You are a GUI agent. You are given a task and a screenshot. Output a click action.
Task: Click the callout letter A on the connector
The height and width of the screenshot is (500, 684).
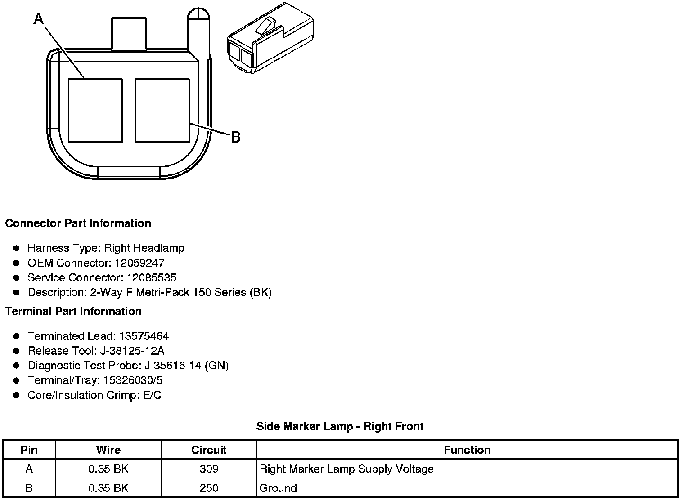point(39,19)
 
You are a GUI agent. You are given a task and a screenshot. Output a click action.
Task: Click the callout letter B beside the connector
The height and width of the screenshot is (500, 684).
point(236,137)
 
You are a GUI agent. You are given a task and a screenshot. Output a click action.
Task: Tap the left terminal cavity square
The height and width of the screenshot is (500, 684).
point(95,111)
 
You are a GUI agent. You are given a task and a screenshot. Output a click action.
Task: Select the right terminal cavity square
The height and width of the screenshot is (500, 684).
point(162,111)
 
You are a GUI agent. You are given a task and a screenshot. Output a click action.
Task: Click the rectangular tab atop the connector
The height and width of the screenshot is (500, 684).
point(129,34)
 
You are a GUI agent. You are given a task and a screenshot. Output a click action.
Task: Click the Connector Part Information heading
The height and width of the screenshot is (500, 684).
point(78,223)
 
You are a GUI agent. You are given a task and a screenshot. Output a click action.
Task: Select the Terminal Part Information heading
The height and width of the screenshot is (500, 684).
point(73,311)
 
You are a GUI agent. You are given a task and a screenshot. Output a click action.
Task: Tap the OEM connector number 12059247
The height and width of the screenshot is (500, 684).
point(139,263)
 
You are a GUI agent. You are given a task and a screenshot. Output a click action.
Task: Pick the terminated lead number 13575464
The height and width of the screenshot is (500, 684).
point(144,336)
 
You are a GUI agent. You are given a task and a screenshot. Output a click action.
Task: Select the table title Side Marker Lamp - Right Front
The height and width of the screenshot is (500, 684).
point(340,426)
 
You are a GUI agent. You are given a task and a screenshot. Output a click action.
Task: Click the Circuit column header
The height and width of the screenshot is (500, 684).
point(209,450)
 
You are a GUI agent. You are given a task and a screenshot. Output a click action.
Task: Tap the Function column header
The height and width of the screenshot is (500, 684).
point(467,450)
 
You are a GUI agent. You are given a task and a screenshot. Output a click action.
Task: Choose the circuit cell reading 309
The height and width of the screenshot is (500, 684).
point(209,469)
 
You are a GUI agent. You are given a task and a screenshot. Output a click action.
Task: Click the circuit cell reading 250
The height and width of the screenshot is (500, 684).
point(209,488)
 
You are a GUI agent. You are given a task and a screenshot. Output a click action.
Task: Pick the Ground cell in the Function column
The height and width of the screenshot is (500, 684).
point(279,488)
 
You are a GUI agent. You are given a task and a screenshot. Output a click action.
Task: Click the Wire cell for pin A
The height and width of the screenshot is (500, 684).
point(108,469)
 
